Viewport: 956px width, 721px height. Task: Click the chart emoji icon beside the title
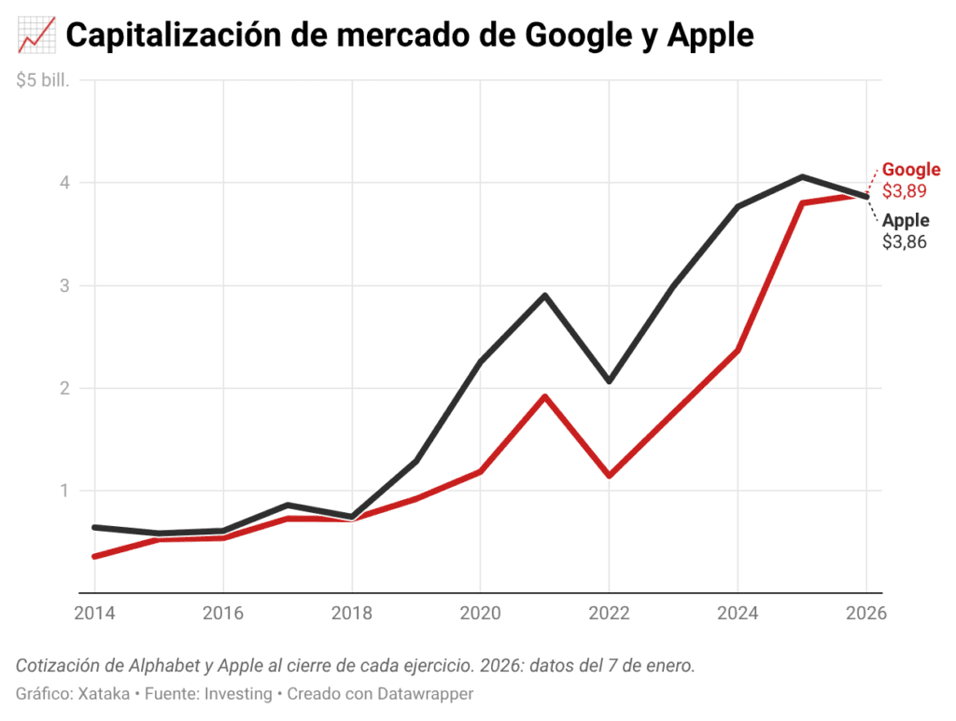(35, 36)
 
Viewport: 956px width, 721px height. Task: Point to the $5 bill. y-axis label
(43, 80)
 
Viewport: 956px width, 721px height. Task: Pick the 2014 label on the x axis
(94, 615)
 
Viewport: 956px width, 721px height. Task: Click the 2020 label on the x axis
(480, 615)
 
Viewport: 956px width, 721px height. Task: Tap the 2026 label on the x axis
(865, 615)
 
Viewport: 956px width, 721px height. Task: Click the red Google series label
(911, 170)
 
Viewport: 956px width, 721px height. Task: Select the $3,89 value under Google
(905, 191)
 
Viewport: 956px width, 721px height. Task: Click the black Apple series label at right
(906, 221)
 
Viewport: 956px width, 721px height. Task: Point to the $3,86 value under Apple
(905, 243)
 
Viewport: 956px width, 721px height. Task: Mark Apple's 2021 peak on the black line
(544, 296)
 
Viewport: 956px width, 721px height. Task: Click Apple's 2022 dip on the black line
(609, 381)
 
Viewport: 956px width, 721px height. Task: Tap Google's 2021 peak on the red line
(544, 396)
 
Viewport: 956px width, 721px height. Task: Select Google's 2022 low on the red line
(609, 476)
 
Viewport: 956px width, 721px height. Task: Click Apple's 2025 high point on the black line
(802, 176)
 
